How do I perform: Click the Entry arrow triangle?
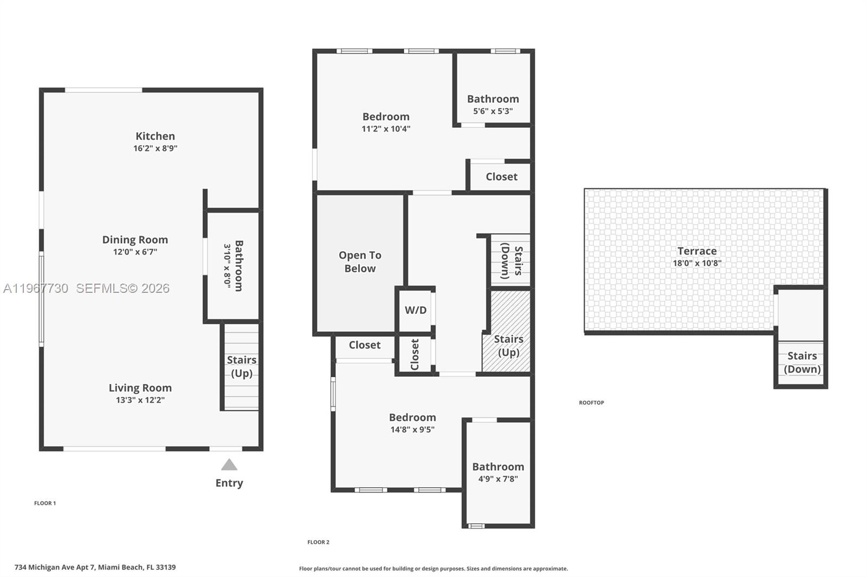tap(229, 465)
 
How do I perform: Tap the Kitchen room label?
tap(155, 136)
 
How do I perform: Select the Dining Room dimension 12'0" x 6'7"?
tap(135, 252)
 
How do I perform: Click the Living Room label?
tap(140, 388)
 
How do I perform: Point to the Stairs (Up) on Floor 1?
tap(242, 366)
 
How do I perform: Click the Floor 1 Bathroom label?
tap(238, 265)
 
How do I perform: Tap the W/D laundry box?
tap(416, 310)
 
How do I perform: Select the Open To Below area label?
tap(360, 262)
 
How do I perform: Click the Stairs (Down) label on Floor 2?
tap(511, 261)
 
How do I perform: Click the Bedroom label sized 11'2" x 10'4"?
tap(386, 116)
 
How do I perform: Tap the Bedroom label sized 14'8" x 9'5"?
tap(412, 417)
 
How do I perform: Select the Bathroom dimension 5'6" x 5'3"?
tap(493, 111)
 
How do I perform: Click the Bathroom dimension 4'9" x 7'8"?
tap(498, 478)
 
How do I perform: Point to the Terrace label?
tap(697, 251)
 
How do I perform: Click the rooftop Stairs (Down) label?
tap(802, 363)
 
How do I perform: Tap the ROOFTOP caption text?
tap(591, 403)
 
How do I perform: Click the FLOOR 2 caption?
tap(318, 542)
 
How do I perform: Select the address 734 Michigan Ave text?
tap(95, 567)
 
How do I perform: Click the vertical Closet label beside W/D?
tap(415, 355)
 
